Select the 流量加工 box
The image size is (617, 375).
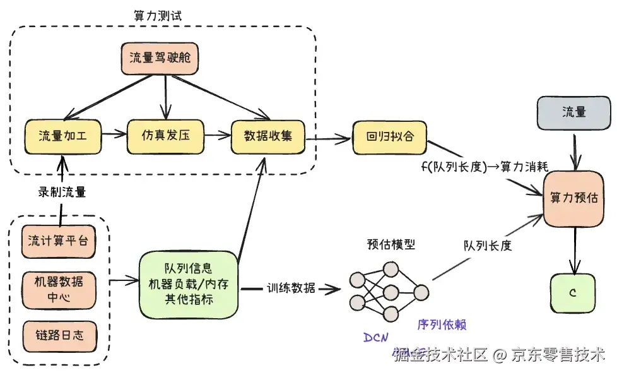pyautogui.click(x=63, y=136)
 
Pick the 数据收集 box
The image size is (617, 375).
pyautogui.click(x=268, y=136)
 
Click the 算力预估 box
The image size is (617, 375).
pyautogui.click(x=573, y=198)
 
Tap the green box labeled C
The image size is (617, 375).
pyautogui.click(x=573, y=293)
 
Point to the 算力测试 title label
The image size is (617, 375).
pyautogui.click(x=158, y=16)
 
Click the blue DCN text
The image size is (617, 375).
pyautogui.click(x=376, y=337)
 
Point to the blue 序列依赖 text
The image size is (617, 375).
pyautogui.click(x=442, y=324)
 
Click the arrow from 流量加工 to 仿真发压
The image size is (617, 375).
pyautogui.click(x=114, y=134)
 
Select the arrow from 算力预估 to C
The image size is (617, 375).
pyautogui.click(x=573, y=249)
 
